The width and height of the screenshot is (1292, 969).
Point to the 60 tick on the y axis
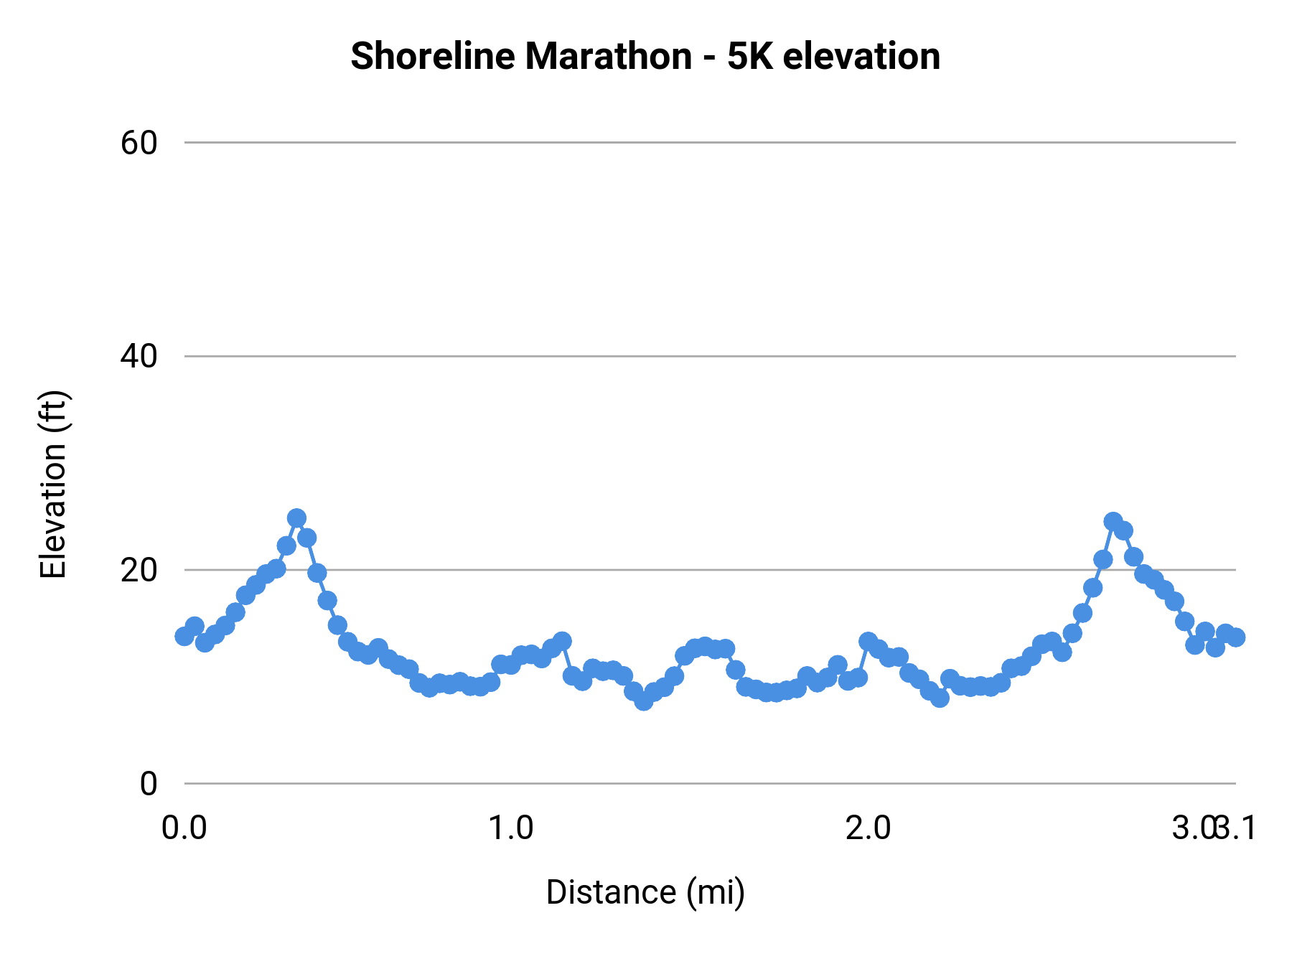tap(139, 143)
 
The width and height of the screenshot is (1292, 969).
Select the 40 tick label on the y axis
tap(139, 356)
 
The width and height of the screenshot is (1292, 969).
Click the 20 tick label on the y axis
tap(139, 570)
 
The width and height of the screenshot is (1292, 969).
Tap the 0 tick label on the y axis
tap(148, 783)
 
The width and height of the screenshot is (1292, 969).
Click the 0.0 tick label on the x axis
tap(184, 828)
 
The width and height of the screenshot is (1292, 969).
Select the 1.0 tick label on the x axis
tap(510, 828)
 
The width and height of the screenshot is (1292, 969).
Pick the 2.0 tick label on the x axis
tap(868, 828)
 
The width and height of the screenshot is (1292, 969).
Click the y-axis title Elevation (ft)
tap(53, 484)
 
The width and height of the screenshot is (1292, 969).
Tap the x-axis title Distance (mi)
tap(645, 892)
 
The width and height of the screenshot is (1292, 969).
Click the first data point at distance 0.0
tap(184, 636)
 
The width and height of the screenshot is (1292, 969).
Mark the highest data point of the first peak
tap(296, 518)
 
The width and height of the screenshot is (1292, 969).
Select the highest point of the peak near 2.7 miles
tap(1113, 521)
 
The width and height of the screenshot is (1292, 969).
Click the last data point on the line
tap(1235, 637)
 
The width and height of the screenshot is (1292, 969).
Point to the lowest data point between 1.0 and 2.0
tap(644, 701)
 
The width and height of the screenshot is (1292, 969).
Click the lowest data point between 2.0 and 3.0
tap(940, 698)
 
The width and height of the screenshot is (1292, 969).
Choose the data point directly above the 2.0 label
tap(869, 641)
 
